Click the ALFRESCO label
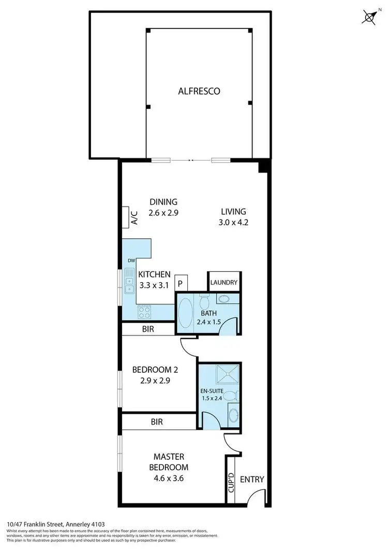(x=199, y=91)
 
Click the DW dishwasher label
(x=131, y=261)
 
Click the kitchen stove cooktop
(x=144, y=312)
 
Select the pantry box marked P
(x=181, y=283)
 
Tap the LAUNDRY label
(x=224, y=283)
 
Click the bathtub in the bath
(x=185, y=313)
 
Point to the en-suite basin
(x=233, y=415)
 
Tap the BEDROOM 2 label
(x=155, y=370)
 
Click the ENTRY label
(x=252, y=479)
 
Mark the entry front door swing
(x=255, y=497)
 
